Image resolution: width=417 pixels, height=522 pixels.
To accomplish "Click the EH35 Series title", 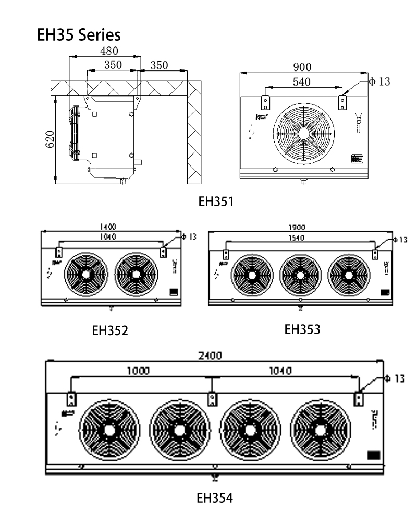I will click(x=79, y=35).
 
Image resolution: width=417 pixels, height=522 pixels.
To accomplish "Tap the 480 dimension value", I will click(x=109, y=51).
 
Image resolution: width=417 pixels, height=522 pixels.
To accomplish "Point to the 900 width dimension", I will click(x=302, y=67).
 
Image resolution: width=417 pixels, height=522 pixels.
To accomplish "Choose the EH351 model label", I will click(x=216, y=201).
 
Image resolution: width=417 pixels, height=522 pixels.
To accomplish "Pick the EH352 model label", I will click(x=110, y=330).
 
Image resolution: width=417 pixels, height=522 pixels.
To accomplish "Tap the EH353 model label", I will click(x=302, y=329).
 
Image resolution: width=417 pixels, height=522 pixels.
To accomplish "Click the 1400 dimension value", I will click(x=108, y=227).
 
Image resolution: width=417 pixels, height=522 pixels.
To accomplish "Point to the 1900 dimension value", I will click(x=298, y=227).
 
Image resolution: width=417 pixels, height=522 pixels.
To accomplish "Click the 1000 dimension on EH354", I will click(x=138, y=371).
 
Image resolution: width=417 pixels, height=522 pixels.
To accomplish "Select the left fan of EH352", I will click(x=85, y=274).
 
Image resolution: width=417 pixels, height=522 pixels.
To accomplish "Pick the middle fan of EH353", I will click(x=300, y=275).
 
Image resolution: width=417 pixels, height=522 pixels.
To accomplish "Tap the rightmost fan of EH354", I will click(x=318, y=430).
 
